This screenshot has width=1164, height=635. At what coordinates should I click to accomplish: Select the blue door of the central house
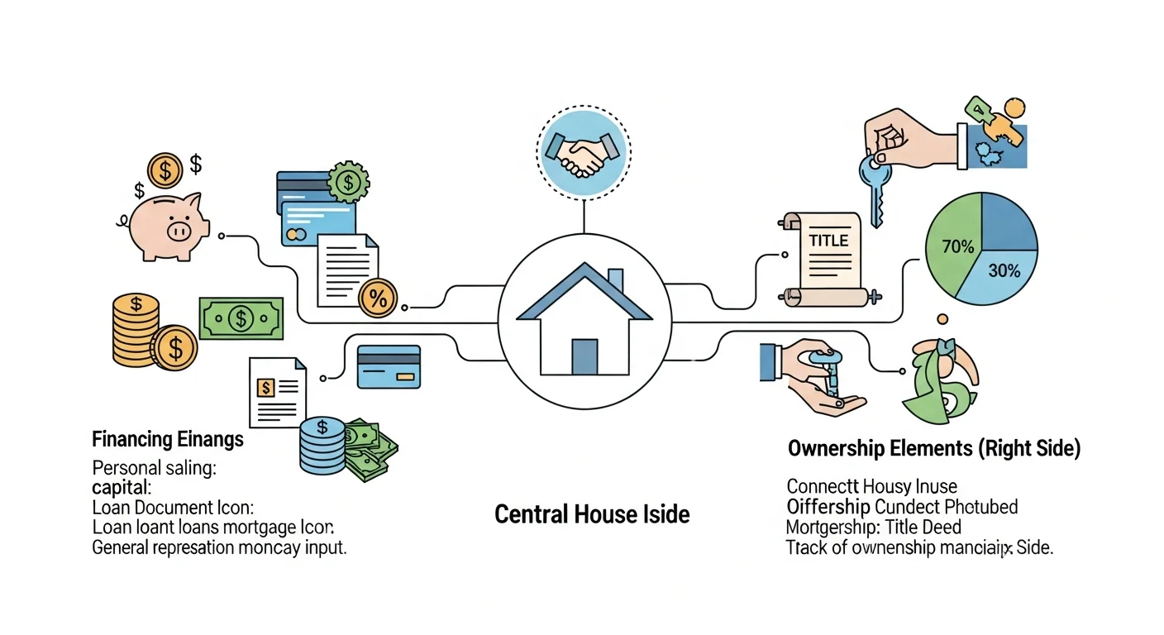[x=584, y=356]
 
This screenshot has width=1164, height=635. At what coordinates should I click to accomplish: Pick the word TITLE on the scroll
[x=828, y=241]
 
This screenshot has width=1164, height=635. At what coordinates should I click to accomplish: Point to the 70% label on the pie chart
[x=957, y=246]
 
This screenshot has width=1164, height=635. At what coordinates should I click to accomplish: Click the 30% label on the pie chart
[x=1004, y=270]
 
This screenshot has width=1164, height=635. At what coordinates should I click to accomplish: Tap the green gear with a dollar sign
[x=348, y=182]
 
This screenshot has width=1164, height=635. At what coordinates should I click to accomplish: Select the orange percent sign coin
[x=378, y=298]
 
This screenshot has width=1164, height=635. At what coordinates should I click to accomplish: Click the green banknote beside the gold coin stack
[x=241, y=317]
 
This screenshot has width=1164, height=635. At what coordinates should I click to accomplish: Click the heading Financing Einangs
[x=168, y=438]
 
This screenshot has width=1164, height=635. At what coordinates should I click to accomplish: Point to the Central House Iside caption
[x=592, y=514]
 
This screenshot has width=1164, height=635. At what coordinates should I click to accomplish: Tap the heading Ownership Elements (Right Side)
[x=933, y=449]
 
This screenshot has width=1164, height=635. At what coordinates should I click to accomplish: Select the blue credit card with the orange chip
[x=389, y=366]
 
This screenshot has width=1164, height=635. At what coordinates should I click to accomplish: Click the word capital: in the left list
[x=122, y=486]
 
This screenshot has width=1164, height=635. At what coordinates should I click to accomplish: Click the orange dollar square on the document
[x=266, y=387]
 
